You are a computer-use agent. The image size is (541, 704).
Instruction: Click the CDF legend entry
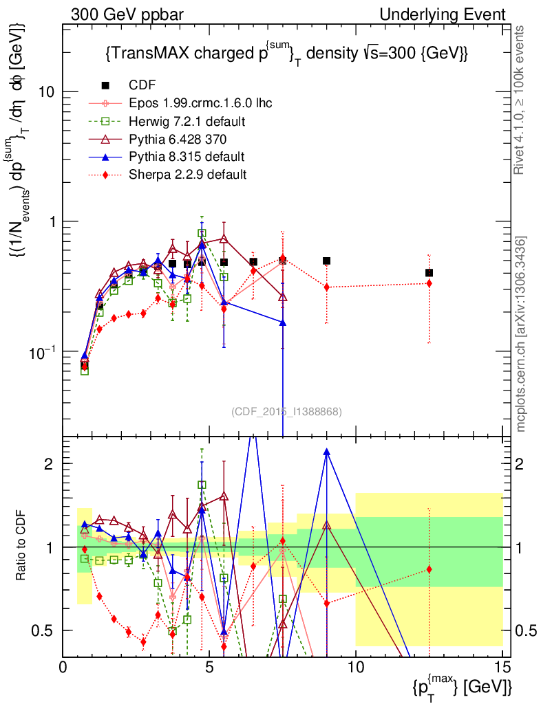[x=142, y=85]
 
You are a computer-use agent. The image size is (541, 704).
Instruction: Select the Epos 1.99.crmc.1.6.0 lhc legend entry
[x=200, y=103]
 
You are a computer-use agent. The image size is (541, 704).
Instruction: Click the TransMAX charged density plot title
[x=286, y=54]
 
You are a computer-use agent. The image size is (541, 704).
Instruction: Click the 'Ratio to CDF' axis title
[x=21, y=547]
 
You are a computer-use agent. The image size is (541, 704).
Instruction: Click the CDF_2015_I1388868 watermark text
[x=286, y=412]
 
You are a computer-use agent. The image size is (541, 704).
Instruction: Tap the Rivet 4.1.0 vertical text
[x=521, y=100]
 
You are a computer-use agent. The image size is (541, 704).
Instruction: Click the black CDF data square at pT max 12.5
[x=429, y=273]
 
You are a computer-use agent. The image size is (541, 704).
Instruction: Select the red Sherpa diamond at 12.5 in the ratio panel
[x=429, y=569]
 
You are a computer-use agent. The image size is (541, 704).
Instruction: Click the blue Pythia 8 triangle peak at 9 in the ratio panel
[x=326, y=452]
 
